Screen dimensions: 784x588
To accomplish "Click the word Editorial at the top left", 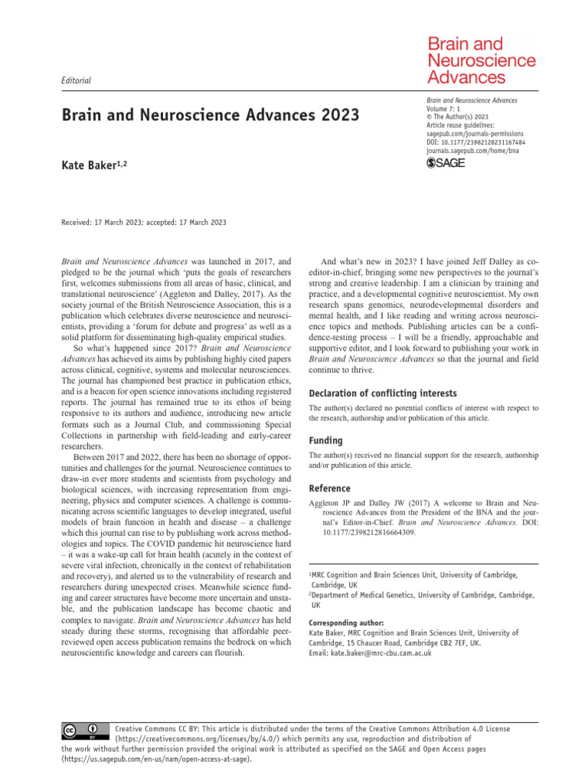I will tap(75, 80).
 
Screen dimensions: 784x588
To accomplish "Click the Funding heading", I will tap(325, 441).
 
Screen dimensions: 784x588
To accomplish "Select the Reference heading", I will tap(330, 488).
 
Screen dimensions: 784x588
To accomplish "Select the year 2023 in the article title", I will tap(335, 116).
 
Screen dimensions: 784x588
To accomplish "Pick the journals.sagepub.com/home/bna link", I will tap(477, 151).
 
